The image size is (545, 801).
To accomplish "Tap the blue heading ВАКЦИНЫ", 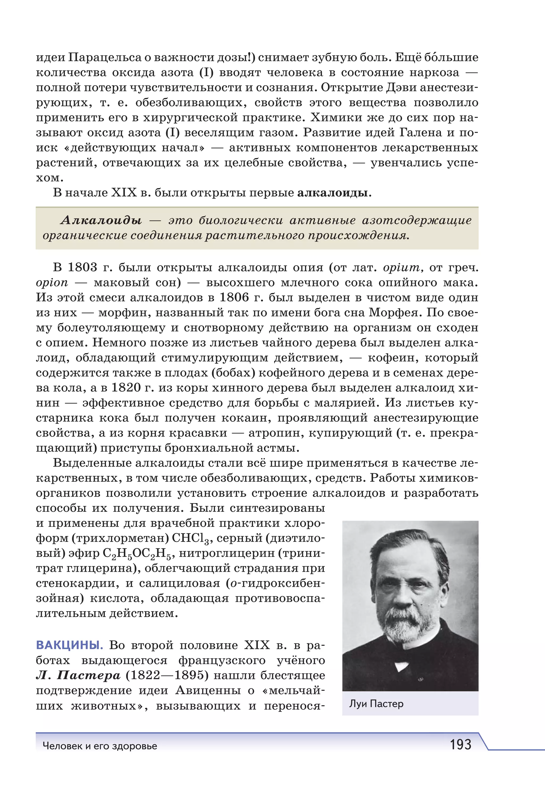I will [x=69, y=645].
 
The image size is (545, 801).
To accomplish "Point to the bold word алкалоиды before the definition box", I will [x=332, y=193].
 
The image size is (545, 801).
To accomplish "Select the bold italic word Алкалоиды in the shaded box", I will [x=101, y=220].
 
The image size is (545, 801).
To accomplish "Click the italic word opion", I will [x=52, y=283].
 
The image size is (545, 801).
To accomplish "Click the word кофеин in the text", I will [x=393, y=358].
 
